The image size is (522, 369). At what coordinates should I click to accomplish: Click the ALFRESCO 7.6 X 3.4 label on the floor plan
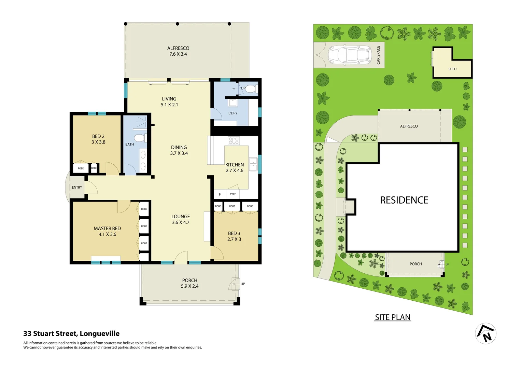[x=178, y=51]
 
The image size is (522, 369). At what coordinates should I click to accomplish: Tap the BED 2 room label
[x=98, y=139]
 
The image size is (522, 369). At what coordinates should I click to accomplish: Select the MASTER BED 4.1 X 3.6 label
[x=107, y=231]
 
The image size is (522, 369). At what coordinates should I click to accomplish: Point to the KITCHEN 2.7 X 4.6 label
[x=235, y=167]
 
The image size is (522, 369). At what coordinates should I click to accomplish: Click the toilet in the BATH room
[x=139, y=138]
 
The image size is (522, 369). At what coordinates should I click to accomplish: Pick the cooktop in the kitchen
[x=234, y=140]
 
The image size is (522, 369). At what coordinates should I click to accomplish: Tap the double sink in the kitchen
[x=253, y=164]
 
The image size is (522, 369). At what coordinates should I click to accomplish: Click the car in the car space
[x=350, y=55]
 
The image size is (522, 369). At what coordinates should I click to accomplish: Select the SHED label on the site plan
[x=452, y=69]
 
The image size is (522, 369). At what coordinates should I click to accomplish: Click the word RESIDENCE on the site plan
[x=404, y=200]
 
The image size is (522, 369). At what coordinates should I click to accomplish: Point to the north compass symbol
[x=485, y=333]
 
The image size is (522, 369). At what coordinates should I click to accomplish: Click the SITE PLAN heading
[x=393, y=317]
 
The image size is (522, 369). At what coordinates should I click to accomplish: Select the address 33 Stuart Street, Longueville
[x=71, y=333]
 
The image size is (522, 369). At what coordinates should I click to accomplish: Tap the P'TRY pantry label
[x=232, y=194]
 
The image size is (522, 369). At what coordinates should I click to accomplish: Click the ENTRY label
[x=77, y=188]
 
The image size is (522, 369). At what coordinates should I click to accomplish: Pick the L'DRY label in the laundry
[x=233, y=113]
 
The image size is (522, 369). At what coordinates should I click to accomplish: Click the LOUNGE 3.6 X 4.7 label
[x=181, y=219]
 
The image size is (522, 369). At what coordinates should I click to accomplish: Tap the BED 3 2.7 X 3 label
[x=234, y=236]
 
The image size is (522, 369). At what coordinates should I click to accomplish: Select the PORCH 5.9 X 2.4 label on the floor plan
[x=189, y=283]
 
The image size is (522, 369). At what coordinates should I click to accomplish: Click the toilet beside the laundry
[x=251, y=89]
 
